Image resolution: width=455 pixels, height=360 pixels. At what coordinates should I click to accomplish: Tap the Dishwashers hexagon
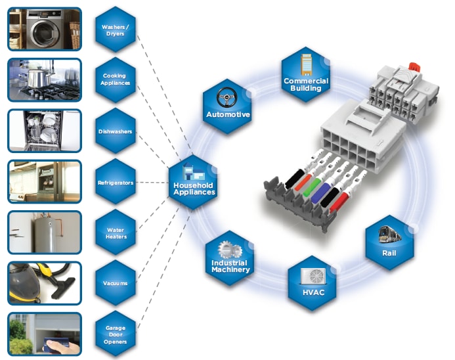pos(115,131)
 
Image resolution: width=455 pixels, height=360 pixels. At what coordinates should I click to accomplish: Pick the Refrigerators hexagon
pos(115,182)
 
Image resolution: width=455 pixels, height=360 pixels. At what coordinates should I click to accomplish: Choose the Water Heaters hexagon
pos(116,233)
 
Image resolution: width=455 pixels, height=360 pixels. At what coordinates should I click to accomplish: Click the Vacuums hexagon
pos(115,284)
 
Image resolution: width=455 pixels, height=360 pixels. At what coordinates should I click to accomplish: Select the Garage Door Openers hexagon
pos(115,334)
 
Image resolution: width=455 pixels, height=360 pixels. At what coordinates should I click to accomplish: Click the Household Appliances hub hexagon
pos(193,183)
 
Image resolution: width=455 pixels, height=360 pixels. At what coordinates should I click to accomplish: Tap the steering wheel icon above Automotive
pos(227,97)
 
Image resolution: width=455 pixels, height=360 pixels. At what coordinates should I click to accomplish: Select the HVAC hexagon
pos(311,283)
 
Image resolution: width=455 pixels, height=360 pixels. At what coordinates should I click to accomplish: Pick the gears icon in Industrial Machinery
pos(229,250)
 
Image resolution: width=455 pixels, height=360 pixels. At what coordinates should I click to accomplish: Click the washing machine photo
pos(45,29)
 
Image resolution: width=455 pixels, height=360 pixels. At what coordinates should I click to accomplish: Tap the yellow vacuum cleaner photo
pos(45,283)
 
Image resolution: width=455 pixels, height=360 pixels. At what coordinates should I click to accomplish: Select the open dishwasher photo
pos(45,131)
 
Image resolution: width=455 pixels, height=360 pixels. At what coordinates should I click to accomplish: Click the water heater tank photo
pos(45,233)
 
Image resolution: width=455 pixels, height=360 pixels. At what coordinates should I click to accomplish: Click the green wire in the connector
pos(316,182)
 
